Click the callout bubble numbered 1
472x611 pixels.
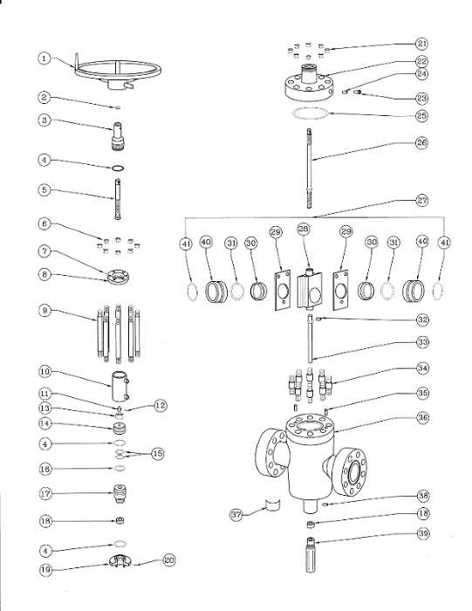[43, 58]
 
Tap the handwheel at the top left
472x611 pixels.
[114, 72]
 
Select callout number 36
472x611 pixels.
[421, 418]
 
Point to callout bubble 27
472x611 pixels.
[422, 200]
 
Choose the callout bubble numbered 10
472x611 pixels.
[43, 371]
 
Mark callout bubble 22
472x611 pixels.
[422, 61]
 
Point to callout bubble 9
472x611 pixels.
[43, 310]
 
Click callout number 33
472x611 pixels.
[421, 341]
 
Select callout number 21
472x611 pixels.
[422, 43]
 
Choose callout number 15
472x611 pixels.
[157, 453]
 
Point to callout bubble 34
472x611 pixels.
[421, 368]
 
